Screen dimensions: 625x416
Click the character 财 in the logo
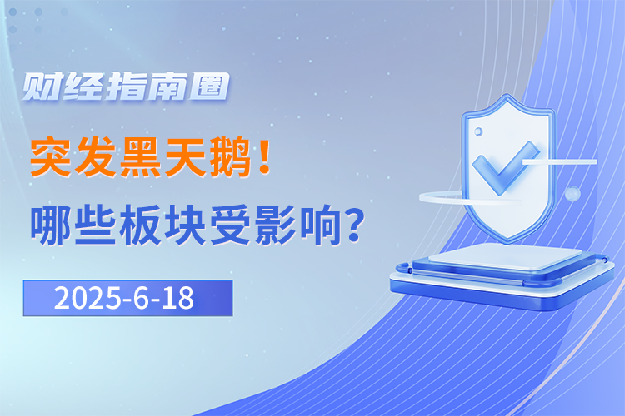click(42, 87)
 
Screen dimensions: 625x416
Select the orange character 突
click(51, 157)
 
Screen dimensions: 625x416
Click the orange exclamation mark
click(264, 156)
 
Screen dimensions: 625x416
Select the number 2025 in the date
click(87, 298)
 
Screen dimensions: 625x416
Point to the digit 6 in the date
click(141, 298)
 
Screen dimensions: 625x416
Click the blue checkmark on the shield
click(503, 168)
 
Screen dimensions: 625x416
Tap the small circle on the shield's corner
click(478, 131)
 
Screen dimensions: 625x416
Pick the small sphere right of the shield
click(572, 194)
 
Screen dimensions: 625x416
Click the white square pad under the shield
click(506, 256)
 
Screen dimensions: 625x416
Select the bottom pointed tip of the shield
click(507, 243)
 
